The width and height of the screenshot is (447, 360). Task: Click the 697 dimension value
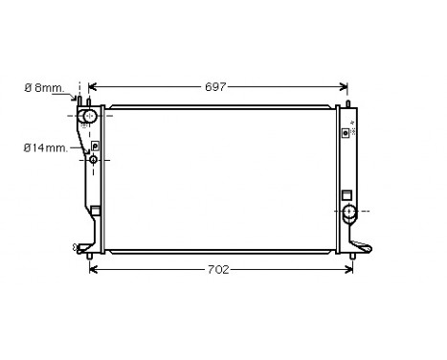(216, 87)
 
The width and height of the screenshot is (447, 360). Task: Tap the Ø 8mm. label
(44, 88)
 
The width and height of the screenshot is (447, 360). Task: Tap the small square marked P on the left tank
(95, 146)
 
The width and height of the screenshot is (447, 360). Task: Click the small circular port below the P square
(94, 159)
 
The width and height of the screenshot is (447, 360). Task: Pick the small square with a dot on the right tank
(346, 133)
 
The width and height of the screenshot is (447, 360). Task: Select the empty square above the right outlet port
(346, 194)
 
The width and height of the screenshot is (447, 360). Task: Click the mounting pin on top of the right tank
(346, 104)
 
